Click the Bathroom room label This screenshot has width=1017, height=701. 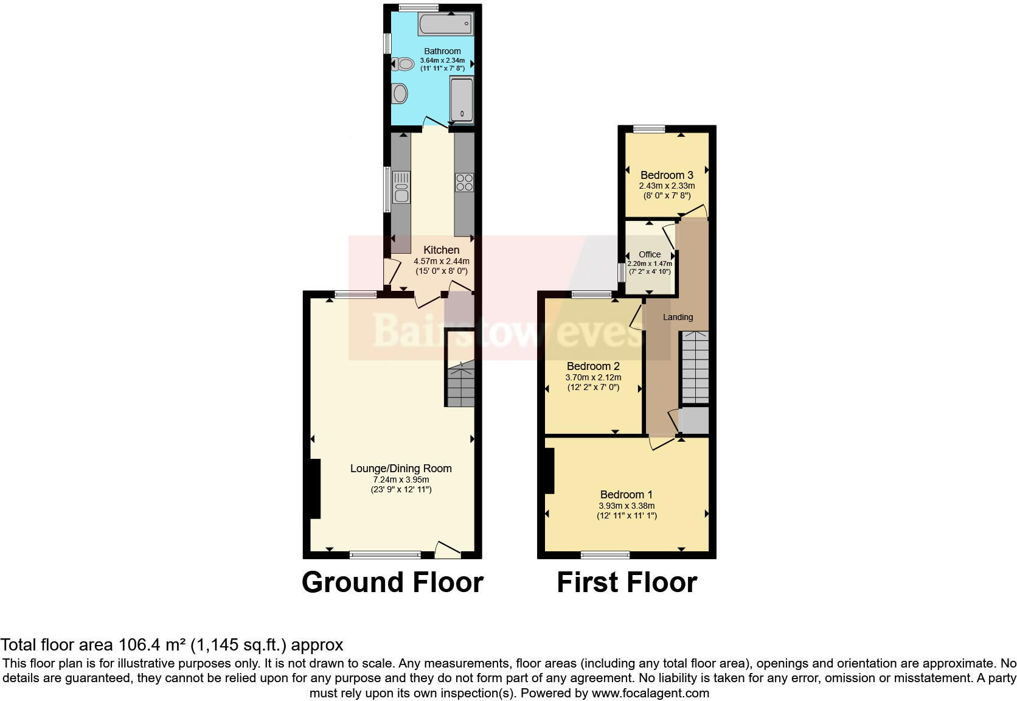pos(442,51)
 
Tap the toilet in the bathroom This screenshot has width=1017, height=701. pos(402,63)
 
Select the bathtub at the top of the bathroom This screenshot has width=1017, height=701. pos(445,25)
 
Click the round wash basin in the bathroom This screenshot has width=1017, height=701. pos(400,94)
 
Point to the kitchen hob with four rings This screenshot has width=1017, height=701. pos(464,182)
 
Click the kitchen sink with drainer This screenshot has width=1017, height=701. pos(401,187)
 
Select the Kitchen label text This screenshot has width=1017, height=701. pos(441,250)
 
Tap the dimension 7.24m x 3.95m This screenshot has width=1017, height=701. pos(400,480)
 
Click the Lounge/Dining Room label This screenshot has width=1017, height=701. pos(400,468)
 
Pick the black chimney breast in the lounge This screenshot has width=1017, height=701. pos(314,488)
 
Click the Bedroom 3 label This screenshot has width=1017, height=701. pos(667,175)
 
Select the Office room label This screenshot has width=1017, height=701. pos(650,254)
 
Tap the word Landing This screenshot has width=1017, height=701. pos(678,317)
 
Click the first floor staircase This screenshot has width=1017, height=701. pos(695,367)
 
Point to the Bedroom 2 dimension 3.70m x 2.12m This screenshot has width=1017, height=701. pos(593,377)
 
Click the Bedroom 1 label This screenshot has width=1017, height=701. pos(627,495)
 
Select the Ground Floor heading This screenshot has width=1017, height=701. pos(392,582)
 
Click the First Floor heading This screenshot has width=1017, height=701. pos(627,582)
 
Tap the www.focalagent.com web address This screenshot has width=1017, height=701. pos(650,693)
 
